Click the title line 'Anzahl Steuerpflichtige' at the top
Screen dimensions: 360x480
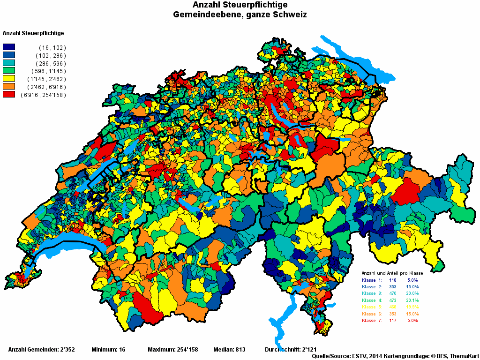240,5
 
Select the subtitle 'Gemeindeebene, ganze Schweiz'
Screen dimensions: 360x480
240,15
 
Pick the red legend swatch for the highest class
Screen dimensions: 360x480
9,95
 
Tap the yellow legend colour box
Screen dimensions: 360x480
9,79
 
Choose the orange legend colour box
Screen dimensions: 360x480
9,87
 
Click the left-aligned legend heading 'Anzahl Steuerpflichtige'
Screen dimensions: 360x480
33,33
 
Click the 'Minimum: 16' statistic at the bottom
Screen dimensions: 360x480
108,350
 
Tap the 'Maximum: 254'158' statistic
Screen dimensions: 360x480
172,350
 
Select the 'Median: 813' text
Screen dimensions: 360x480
229,350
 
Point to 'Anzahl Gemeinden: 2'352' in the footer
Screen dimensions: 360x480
42,350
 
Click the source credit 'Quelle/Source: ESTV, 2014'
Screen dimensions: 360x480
348,356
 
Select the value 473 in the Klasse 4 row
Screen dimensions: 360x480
393,300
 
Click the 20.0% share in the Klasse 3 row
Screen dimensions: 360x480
412,293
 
